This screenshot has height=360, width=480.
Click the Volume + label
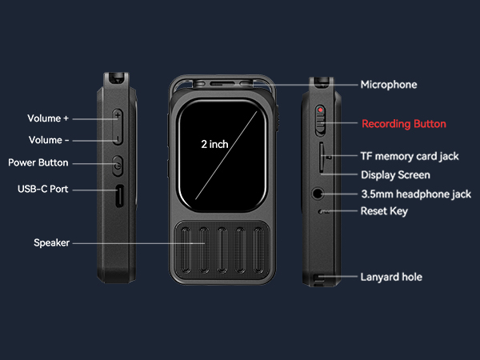[48, 118]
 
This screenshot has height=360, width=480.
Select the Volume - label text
[48, 140]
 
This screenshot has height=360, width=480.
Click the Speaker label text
[51, 242]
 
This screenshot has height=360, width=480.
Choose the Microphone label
[389, 84]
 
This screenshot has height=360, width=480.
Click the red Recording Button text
[404, 124]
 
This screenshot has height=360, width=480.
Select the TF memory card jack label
[410, 156]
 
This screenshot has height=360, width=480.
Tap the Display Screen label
[395, 174]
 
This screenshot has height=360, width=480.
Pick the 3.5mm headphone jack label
[416, 194]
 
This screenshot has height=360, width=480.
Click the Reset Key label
[385, 211]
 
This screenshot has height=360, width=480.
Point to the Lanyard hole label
[391, 277]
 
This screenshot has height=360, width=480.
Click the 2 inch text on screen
[214, 144]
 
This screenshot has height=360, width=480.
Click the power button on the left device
[118, 166]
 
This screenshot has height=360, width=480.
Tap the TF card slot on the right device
[321, 158]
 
